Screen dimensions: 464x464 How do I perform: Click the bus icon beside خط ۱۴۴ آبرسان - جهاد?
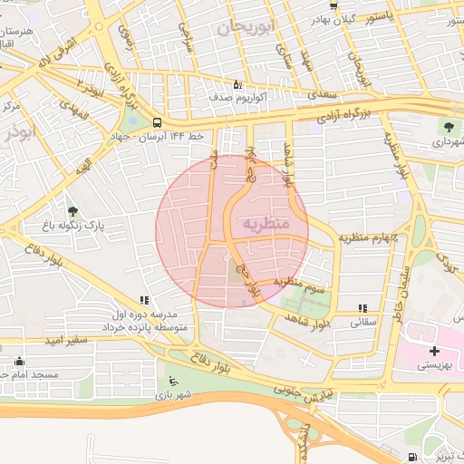158,122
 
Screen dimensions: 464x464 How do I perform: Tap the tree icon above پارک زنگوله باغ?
72,211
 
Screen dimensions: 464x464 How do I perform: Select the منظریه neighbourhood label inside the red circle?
266,222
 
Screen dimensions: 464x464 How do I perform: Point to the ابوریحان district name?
244,28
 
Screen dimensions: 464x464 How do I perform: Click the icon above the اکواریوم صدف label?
237,83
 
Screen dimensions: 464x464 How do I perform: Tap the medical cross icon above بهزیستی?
434,351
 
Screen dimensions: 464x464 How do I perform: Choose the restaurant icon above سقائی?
363,308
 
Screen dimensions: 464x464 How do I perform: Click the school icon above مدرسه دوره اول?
143,300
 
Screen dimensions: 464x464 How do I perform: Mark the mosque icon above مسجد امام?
19,362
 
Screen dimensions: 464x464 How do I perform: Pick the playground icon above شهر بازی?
173,381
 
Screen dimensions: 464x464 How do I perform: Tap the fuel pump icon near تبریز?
413,456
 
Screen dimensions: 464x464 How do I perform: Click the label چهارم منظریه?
370,237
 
